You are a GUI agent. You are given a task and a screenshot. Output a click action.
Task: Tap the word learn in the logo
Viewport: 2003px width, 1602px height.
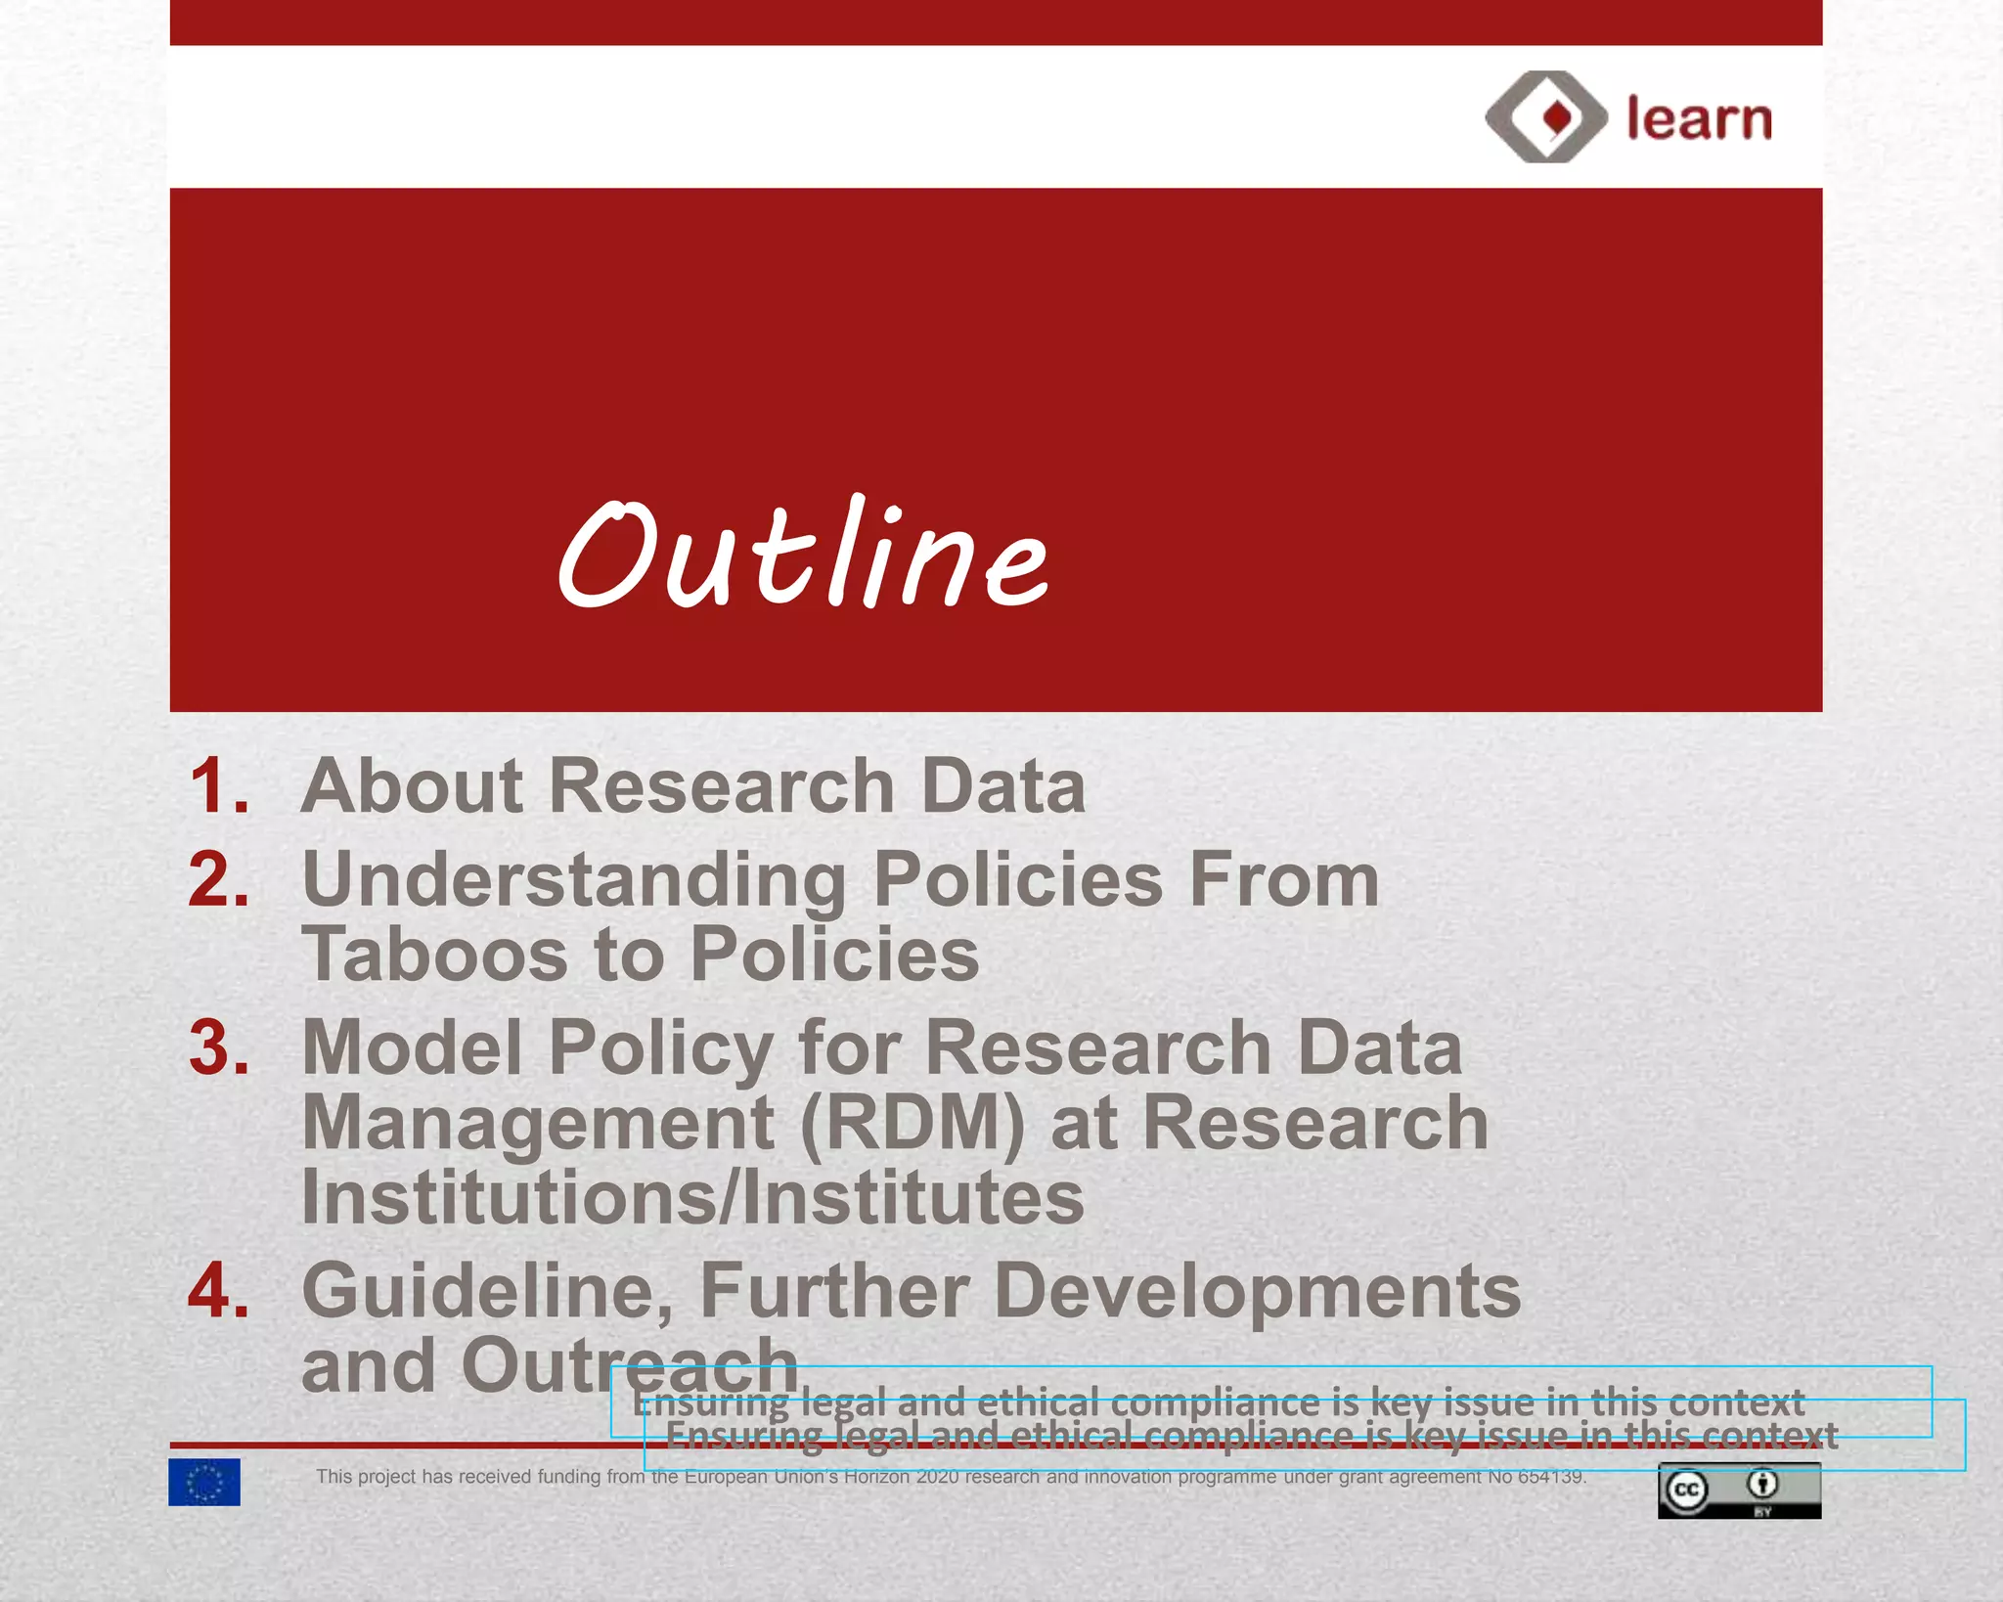click(x=1699, y=119)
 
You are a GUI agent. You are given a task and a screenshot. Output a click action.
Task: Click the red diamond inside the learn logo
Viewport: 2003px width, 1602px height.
click(x=1557, y=117)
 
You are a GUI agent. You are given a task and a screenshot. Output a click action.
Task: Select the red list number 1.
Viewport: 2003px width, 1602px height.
click(x=219, y=786)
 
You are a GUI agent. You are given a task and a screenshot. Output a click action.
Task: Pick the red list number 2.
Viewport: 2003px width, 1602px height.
click(x=219, y=879)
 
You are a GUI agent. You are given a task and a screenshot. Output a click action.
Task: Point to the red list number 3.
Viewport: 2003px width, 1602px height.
click(x=219, y=1047)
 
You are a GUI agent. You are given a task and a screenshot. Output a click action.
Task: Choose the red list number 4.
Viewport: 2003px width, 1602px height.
click(x=219, y=1291)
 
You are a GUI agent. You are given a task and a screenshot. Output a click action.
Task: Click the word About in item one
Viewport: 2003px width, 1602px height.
click(x=412, y=786)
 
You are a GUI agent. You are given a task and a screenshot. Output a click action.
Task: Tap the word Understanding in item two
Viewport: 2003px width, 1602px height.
click(x=574, y=880)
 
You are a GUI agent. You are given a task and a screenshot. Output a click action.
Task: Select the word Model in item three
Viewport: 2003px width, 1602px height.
click(x=412, y=1047)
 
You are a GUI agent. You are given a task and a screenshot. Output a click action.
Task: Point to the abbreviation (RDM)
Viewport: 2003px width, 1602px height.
click(x=912, y=1123)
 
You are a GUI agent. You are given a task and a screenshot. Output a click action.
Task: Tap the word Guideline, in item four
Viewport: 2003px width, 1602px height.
click(x=488, y=1291)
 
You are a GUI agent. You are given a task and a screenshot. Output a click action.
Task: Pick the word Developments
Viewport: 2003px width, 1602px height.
click(x=1257, y=1291)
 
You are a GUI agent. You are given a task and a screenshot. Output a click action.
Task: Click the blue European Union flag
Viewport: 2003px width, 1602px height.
click(x=203, y=1483)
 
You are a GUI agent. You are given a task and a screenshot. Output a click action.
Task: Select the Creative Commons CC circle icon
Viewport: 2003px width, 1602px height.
click(x=1686, y=1491)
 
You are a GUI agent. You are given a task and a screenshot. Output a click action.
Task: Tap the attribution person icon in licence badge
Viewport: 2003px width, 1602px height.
click(x=1762, y=1485)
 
